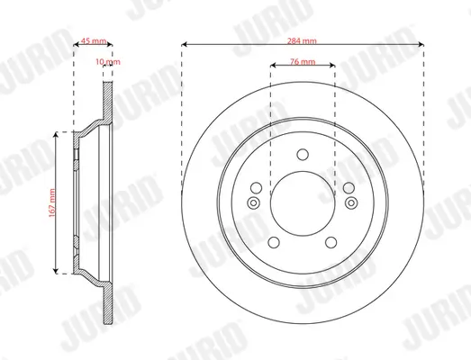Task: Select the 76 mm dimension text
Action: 303,63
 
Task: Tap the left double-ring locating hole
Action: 253,203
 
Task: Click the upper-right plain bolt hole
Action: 349,187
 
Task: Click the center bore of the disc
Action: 302,202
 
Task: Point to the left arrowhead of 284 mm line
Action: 185,42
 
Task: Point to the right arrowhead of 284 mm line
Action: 419,42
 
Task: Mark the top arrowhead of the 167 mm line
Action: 60,131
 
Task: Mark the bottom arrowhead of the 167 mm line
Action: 60,271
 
